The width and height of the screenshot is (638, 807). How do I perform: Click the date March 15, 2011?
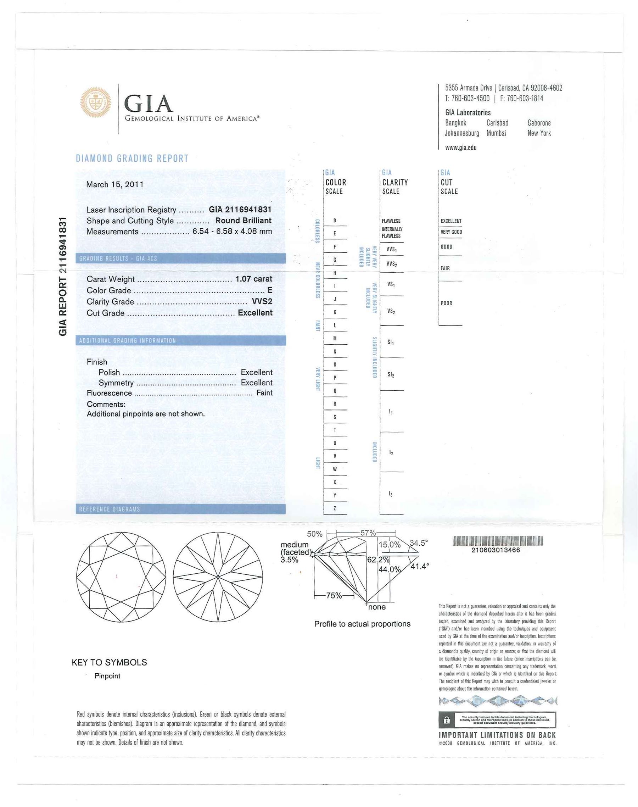tap(115, 185)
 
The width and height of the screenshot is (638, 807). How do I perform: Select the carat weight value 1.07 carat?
tap(254, 279)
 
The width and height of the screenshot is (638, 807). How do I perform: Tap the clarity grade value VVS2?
tap(262, 301)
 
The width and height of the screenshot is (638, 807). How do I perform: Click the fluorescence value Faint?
tap(264, 393)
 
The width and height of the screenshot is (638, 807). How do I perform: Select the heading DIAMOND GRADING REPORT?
tap(132, 158)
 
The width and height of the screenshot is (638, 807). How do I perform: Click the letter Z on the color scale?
tap(335, 508)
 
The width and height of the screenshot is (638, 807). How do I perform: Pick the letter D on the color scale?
tap(335, 221)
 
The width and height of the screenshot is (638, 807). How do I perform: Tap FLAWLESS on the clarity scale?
tap(391, 221)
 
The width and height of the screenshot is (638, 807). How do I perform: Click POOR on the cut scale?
tap(446, 303)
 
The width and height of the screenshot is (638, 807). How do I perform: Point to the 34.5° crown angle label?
tap(418, 543)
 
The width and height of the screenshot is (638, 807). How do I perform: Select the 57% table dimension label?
tap(368, 533)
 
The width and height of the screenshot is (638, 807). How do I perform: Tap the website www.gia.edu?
tap(460, 148)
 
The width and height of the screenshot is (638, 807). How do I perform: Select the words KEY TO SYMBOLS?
tap(109, 662)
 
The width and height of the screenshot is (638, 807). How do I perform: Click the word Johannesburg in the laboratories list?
tap(462, 133)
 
